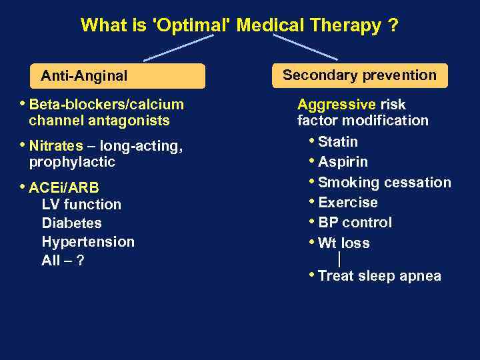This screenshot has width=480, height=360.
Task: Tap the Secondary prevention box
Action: click(x=359, y=75)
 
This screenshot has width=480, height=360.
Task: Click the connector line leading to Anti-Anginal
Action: click(x=178, y=48)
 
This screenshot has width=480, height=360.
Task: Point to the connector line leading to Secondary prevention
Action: click(x=305, y=47)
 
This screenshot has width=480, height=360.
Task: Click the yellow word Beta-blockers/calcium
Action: click(x=107, y=104)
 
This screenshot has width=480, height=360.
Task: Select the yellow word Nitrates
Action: click(x=56, y=145)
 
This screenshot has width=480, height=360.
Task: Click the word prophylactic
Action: click(x=72, y=162)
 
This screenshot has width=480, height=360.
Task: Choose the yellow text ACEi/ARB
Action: click(x=64, y=187)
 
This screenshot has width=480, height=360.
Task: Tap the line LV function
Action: click(x=81, y=205)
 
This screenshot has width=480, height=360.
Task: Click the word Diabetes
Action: click(x=72, y=223)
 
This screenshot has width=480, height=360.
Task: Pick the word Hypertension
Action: click(x=88, y=242)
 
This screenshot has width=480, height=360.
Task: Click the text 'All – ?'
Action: click(x=63, y=261)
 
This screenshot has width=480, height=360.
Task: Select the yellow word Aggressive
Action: click(x=336, y=105)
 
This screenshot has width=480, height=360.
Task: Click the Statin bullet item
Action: click(x=338, y=141)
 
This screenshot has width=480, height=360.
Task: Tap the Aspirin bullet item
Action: click(x=343, y=162)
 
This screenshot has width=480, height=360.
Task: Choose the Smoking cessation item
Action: click(x=384, y=182)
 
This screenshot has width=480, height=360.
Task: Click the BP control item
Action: click(x=355, y=223)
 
